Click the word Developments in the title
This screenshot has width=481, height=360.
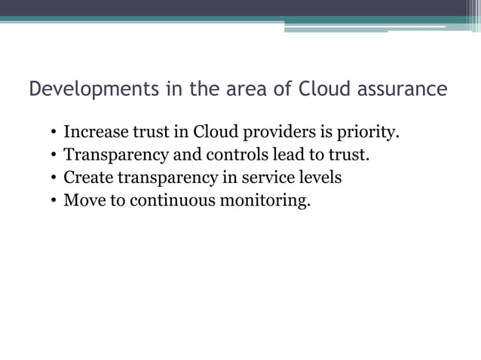coord(84,90)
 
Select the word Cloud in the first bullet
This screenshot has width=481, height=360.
coord(216,133)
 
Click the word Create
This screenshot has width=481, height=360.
coord(87,178)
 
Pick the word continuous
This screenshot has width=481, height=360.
coord(158,201)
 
